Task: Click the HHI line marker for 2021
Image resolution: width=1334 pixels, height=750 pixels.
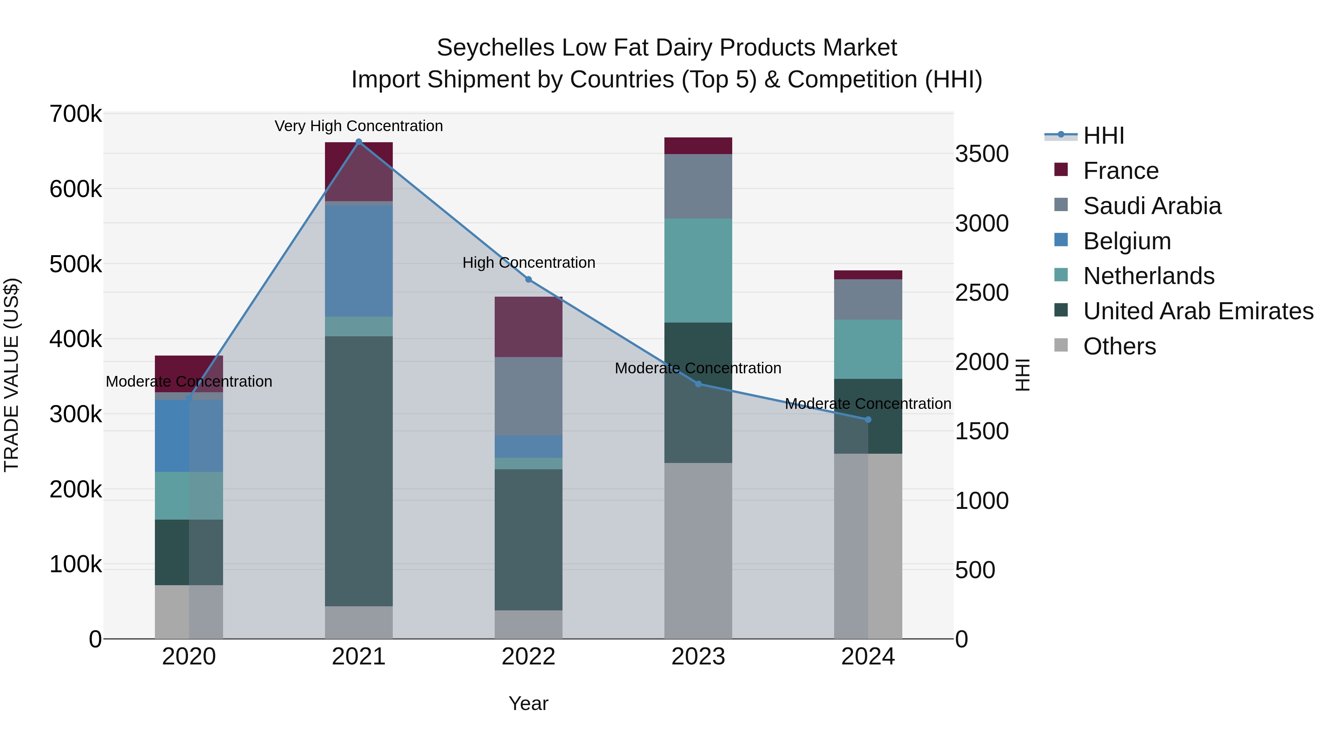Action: coord(358,142)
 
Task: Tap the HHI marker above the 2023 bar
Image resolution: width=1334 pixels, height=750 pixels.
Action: coord(698,384)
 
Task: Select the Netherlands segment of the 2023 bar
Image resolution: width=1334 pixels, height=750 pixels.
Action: coord(698,270)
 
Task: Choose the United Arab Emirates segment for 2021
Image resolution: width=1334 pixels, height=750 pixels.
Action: coord(358,471)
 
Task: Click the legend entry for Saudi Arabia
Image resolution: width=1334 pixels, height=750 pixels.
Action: coord(1152,206)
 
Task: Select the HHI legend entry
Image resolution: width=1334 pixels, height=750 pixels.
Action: coord(1103,136)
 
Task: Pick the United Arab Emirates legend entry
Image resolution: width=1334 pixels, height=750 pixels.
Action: coord(1198,311)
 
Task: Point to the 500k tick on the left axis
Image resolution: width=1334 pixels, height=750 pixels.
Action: coord(76,264)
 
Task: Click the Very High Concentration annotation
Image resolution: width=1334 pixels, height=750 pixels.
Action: coord(358,126)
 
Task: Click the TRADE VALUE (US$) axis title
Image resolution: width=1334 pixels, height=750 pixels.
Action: coord(11,375)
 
